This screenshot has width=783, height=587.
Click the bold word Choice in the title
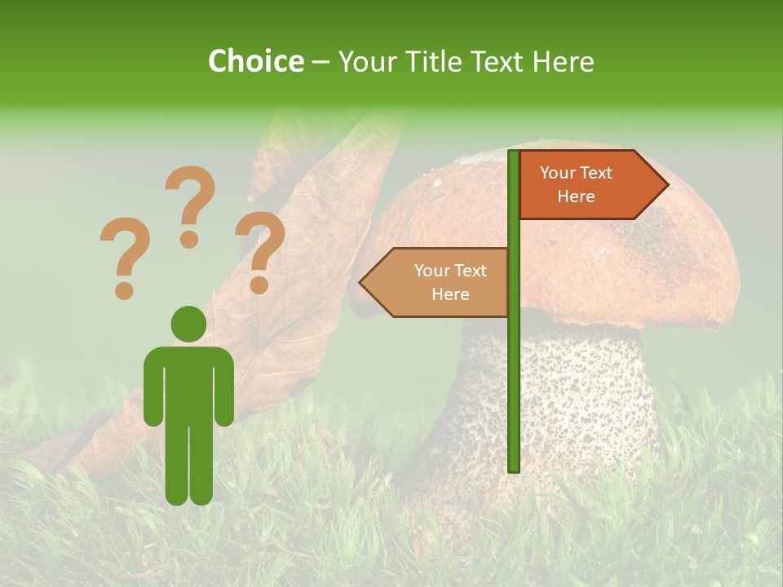pos(255,61)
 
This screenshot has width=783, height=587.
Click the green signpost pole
pos(513,367)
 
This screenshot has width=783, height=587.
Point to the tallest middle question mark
pos(190,204)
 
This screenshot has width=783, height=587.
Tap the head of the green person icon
pos(188,324)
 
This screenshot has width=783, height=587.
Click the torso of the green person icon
pos(188,383)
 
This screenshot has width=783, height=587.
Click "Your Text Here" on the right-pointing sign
pos(576,184)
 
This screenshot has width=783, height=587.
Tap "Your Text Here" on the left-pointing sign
pos(450,282)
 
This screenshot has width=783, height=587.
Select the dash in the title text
pos(321,62)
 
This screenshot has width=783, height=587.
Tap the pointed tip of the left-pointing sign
pos(363,283)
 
